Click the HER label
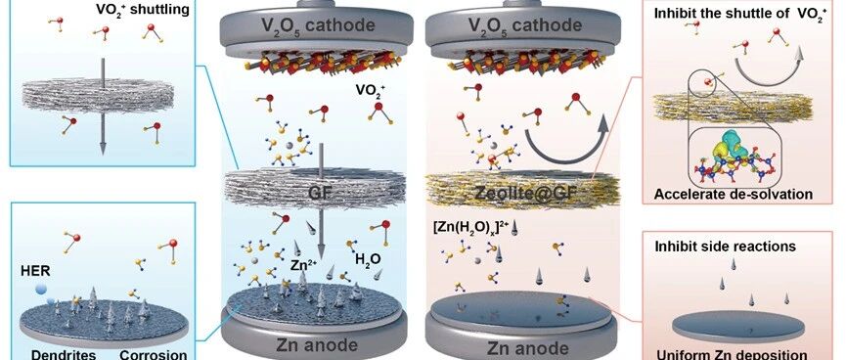[32, 269]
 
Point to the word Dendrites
[60, 354]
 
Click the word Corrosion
[154, 354]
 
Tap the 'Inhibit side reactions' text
[725, 247]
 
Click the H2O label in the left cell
[368, 259]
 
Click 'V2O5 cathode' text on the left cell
[316, 24]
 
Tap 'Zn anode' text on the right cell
[520, 346]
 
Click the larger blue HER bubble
[41, 290]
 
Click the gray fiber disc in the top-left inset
[103, 98]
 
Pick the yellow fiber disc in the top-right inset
[734, 107]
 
